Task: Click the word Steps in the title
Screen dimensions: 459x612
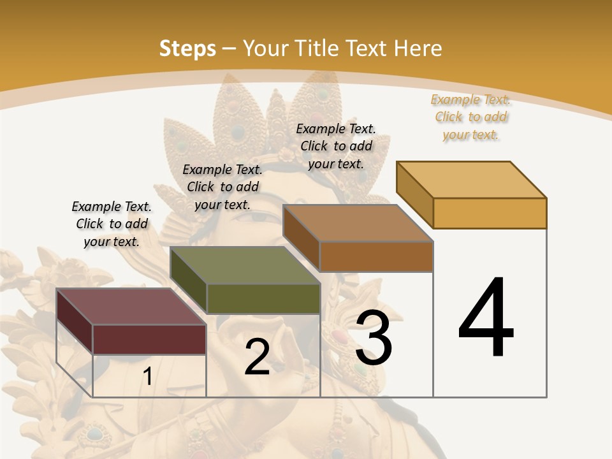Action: [x=187, y=48]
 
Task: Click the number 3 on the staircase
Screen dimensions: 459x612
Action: [x=374, y=338]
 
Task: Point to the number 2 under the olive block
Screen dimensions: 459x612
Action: [x=257, y=357]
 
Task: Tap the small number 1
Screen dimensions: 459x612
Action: [x=147, y=376]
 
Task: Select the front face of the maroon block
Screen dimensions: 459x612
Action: [x=149, y=339]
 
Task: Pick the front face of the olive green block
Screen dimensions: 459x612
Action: [x=263, y=298]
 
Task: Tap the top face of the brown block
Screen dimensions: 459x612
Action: [x=358, y=223]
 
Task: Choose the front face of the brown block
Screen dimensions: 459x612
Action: [x=376, y=256]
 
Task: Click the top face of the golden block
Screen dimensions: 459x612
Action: [x=471, y=180]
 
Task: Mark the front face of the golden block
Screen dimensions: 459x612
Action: [x=490, y=213]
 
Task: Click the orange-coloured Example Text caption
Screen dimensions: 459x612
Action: [x=470, y=117]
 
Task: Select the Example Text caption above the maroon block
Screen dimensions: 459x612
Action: [x=112, y=224]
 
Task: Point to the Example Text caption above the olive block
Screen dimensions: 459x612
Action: [x=222, y=187]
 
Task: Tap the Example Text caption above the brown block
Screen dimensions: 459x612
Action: [x=336, y=146]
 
